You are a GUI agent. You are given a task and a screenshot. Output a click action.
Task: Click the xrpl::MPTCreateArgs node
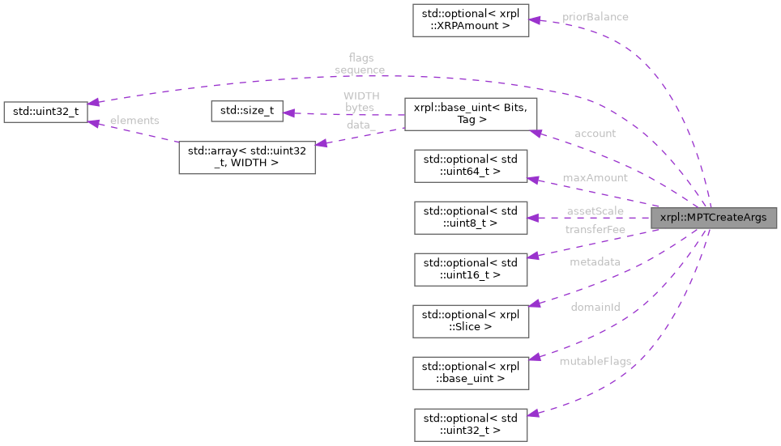pos(712,218)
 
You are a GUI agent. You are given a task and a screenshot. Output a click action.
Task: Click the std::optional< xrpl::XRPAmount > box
pos(471,20)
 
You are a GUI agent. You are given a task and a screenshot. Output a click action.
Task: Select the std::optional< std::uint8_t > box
pos(471,218)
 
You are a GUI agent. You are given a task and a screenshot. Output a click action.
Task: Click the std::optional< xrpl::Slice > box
pos(471,321)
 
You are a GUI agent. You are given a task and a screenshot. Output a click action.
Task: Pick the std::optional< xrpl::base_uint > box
pos(471,373)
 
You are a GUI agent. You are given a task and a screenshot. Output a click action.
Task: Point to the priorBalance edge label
pos(595,17)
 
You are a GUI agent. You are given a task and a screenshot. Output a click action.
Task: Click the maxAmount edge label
pos(595,177)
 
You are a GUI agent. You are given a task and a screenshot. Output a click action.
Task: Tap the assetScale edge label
pos(595,210)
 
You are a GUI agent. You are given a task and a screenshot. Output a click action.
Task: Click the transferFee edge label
pos(595,230)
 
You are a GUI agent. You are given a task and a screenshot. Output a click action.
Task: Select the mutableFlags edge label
pos(595,360)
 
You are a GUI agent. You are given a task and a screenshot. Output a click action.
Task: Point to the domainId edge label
pos(595,308)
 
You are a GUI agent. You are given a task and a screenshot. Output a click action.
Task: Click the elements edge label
pos(134,121)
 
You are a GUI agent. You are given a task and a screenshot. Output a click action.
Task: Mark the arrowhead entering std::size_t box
pos(288,113)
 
